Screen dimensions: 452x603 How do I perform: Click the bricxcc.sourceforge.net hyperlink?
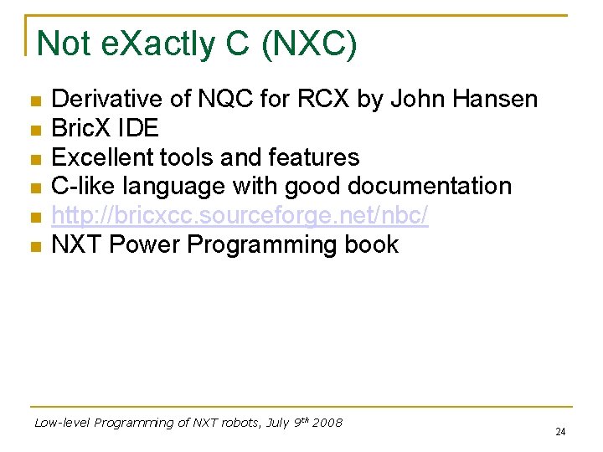240,216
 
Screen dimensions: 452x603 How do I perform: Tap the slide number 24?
560,432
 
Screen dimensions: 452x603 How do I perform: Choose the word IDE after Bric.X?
140,129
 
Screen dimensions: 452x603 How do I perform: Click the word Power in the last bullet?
145,245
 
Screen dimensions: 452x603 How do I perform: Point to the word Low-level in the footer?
62,423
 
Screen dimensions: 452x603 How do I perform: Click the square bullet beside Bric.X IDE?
34,131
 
